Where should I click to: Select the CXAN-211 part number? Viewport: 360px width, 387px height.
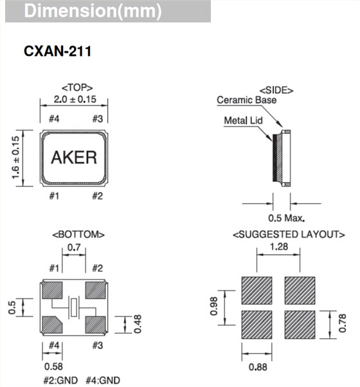[57, 51]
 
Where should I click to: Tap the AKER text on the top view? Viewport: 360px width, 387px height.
[73, 157]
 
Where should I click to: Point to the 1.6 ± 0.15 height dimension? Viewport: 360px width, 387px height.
[15, 157]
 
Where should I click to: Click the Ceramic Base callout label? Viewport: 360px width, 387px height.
[247, 100]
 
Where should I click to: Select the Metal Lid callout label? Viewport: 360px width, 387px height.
[243, 120]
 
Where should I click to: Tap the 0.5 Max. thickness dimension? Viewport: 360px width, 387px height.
[286, 217]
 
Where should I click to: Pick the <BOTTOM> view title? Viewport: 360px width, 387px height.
[73, 235]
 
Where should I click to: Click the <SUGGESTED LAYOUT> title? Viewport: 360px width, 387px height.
[278, 235]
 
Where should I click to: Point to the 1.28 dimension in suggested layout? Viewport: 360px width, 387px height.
[278, 246]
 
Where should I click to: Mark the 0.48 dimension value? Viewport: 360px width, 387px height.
[137, 324]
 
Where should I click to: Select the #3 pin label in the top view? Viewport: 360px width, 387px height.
[98, 118]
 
